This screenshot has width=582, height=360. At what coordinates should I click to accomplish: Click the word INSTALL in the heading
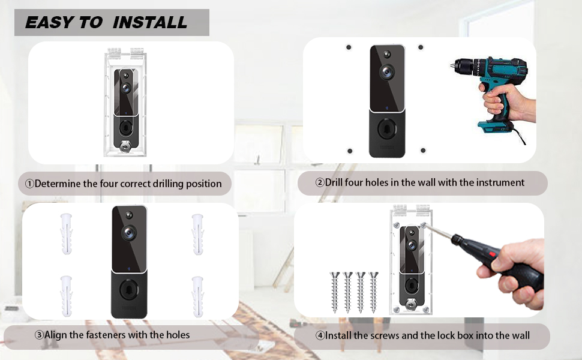click(x=150, y=23)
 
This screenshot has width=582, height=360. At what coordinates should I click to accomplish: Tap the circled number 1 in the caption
click(x=29, y=184)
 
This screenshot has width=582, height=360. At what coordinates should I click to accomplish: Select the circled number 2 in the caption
click(x=320, y=182)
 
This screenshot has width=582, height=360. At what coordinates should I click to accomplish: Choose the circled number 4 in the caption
click(x=320, y=335)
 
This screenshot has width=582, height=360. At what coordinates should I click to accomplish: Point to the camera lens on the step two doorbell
click(x=386, y=71)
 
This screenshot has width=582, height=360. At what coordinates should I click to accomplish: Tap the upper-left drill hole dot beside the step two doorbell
click(x=349, y=47)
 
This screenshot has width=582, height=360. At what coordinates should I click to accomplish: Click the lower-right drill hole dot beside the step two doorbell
click(x=423, y=150)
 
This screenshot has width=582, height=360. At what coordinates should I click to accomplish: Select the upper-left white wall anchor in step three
click(x=66, y=228)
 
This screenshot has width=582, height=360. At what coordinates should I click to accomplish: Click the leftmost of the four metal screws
click(x=334, y=291)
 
